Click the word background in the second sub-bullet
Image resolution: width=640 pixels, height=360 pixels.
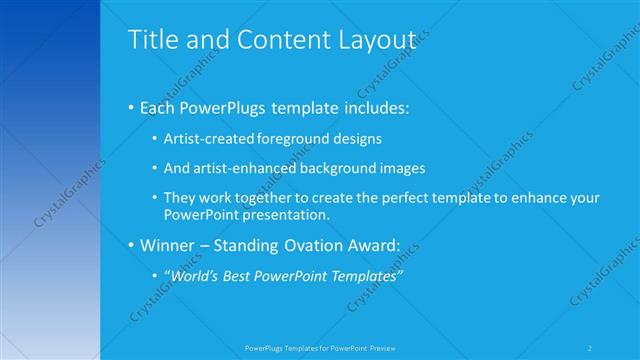click(339, 169)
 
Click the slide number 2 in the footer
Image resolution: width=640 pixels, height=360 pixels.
click(591, 348)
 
